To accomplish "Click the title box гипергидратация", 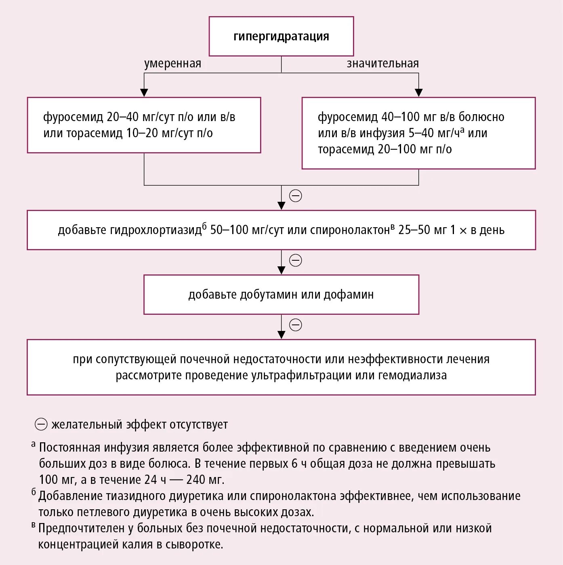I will pyautogui.click(x=281, y=36).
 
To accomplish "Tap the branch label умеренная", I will pyautogui.click(x=172, y=64).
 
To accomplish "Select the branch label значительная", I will pyautogui.click(x=382, y=64).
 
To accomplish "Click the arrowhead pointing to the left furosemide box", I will pyautogui.click(x=144, y=92).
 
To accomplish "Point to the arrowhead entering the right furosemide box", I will pyautogui.click(x=419, y=92).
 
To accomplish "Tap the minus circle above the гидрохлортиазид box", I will pyautogui.click(x=296, y=196).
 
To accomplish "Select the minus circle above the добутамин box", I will pyautogui.click(x=296, y=260).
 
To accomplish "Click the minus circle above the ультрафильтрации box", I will pyautogui.click(x=296, y=325).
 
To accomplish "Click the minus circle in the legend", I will pyautogui.click(x=41, y=425).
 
